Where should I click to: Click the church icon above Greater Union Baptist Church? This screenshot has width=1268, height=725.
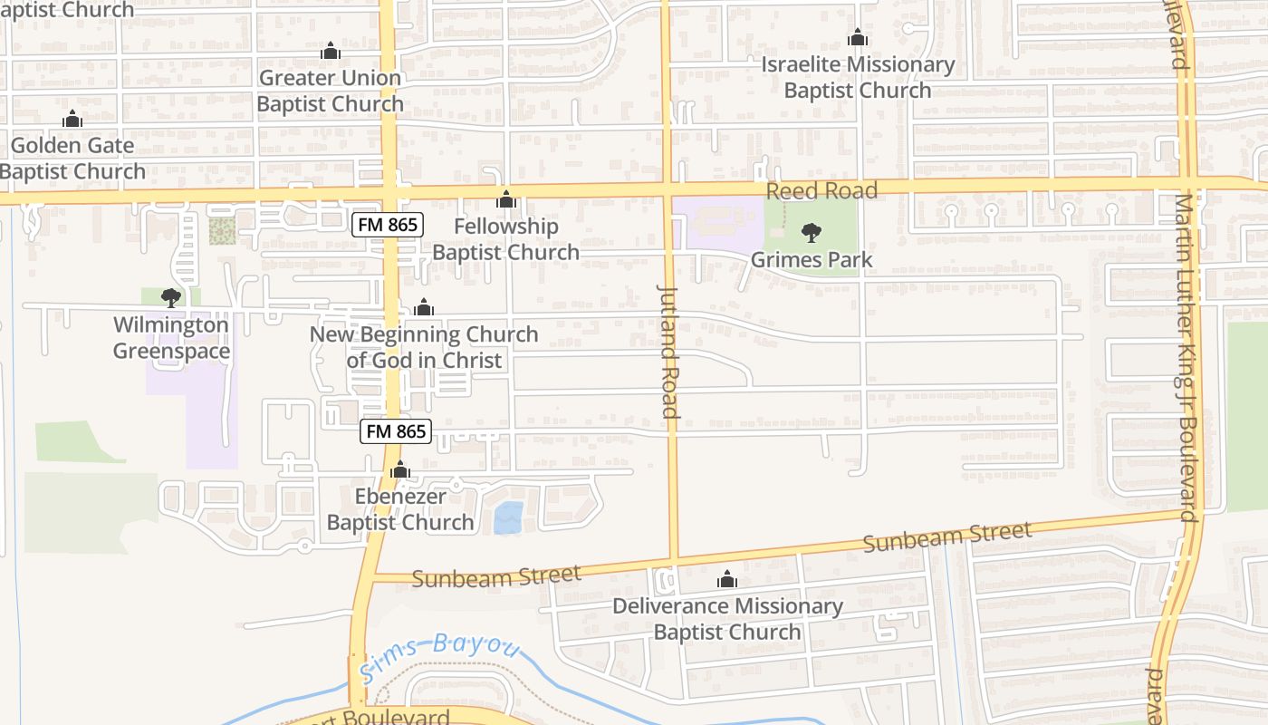tap(331, 51)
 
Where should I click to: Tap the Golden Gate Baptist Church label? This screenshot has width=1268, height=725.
tap(72, 159)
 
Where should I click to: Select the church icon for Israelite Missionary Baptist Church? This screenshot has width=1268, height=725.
tap(857, 38)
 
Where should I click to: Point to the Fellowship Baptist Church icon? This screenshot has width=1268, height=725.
tap(506, 199)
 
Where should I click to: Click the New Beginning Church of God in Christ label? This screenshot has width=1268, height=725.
tap(424, 347)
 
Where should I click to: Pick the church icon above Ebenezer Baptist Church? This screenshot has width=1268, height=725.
tap(399, 470)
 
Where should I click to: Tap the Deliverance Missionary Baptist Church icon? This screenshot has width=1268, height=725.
tap(727, 579)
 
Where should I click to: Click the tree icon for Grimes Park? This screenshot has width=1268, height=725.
tap(811, 233)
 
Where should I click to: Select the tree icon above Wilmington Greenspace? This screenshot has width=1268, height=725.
tap(170, 297)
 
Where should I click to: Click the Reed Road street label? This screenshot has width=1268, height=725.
tap(821, 191)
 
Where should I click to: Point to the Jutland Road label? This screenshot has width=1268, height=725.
tap(668, 351)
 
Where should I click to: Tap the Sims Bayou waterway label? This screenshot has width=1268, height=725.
tap(440, 656)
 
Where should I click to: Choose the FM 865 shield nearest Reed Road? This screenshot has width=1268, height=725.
tap(389, 224)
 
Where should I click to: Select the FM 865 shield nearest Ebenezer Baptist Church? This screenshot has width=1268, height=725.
tap(397, 431)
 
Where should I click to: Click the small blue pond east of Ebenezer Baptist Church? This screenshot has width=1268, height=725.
tap(508, 517)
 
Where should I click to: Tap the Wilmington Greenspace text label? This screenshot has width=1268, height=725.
tap(170, 338)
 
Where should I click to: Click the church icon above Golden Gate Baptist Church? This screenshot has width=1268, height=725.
tap(72, 119)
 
